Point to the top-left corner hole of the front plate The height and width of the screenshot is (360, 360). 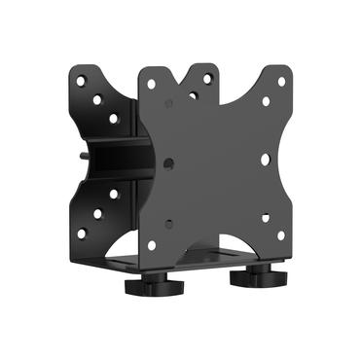coord(151,83)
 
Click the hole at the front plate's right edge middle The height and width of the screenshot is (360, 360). coord(265,159)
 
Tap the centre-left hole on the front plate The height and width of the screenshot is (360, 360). coord(169,163)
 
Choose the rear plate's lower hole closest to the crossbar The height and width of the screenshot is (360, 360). coord(114,194)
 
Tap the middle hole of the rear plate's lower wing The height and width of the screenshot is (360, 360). coord(97,213)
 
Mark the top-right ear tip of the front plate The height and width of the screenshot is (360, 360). coord(282,69)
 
